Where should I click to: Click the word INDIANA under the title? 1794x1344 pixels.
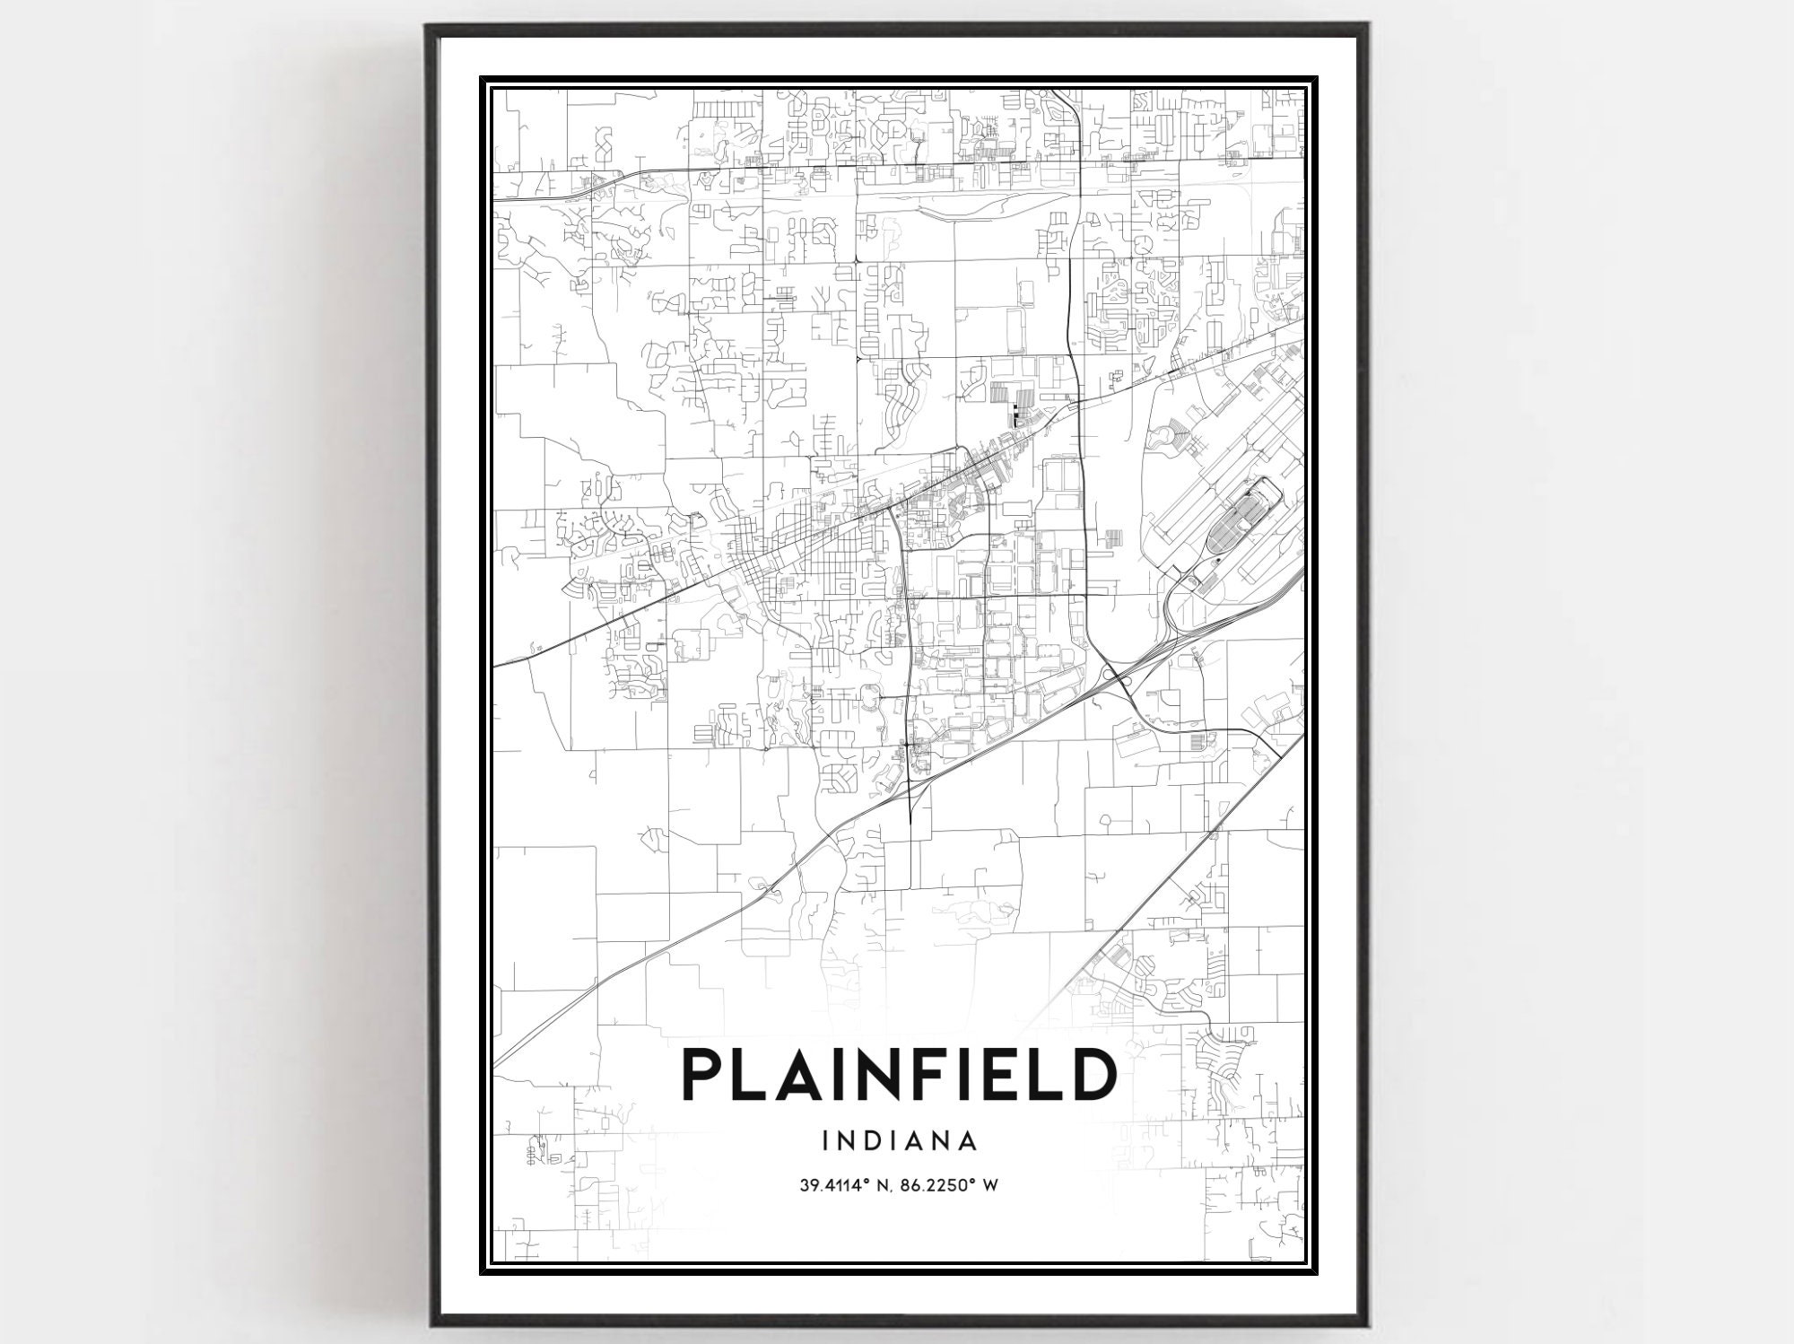click(899, 1141)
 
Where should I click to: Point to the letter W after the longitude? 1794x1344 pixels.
click(990, 1185)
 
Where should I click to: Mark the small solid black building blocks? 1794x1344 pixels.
click(1015, 415)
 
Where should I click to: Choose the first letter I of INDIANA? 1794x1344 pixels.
click(825, 1141)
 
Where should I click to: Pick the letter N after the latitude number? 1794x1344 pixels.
click(875, 1185)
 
